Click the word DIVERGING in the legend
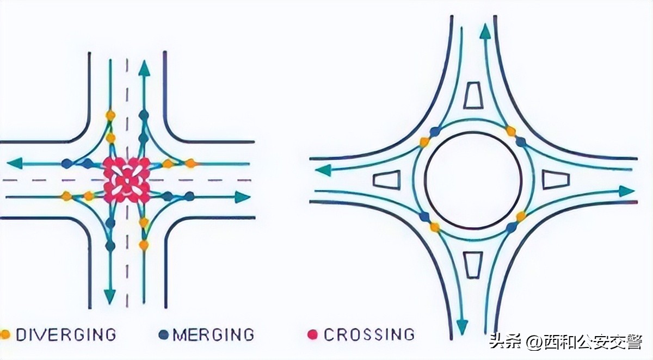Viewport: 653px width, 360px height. tap(66, 334)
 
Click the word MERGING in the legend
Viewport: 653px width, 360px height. tap(213, 334)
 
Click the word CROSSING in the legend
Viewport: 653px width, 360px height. tap(368, 334)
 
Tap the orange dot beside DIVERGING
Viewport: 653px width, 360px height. tap(5, 334)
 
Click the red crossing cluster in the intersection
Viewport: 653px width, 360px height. tap(127, 179)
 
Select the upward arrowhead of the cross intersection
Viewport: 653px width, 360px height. tap(144, 67)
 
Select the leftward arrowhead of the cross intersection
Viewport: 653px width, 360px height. tap(15, 163)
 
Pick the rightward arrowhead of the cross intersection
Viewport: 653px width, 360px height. tap(242, 197)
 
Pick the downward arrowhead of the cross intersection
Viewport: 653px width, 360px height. tap(110, 296)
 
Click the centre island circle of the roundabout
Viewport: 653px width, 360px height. tap(473, 179)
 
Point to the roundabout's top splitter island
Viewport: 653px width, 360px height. tap(473, 96)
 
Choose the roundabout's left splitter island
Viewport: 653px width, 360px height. tap(386, 179)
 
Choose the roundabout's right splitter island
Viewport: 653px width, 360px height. tap(556, 179)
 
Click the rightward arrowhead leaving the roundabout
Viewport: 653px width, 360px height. tap(627, 191)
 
